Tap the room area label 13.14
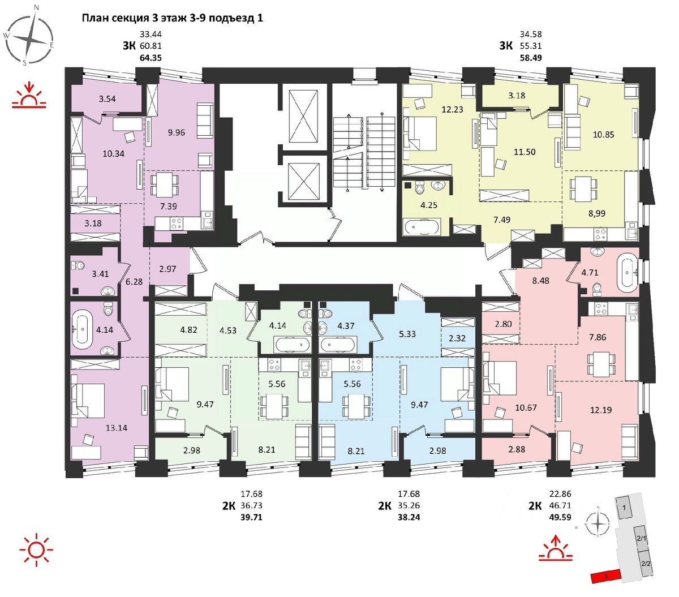pos(116,428)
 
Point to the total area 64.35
pos(151,57)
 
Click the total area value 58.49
pos(531,57)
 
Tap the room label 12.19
pos(600,410)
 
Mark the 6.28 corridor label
pos(134,281)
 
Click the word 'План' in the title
pos(94,18)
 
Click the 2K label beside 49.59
pos(535,506)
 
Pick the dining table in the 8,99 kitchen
pos(583,188)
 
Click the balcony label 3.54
pos(107,99)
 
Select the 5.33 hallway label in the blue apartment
pos(407,334)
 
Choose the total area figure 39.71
pos(251,517)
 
